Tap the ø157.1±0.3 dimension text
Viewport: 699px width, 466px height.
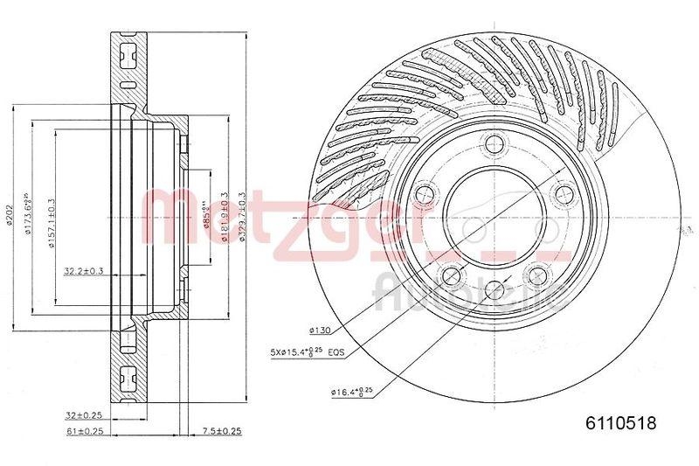(51, 219)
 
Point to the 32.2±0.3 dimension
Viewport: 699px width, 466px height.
(83, 272)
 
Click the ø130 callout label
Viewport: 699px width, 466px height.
(319, 331)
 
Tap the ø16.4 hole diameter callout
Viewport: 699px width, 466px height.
(352, 391)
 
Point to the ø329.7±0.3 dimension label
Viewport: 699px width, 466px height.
(242, 219)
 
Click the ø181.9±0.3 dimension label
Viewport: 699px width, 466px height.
(225, 219)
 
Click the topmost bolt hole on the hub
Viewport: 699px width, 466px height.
(495, 144)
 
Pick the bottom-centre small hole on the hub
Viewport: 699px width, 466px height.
(495, 289)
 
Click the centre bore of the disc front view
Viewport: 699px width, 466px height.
(495, 219)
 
